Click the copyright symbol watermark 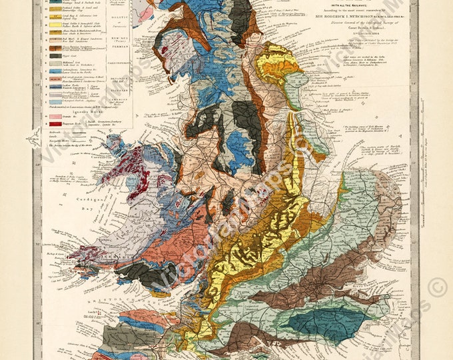click(437, 288)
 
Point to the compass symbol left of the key click(31, 139)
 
